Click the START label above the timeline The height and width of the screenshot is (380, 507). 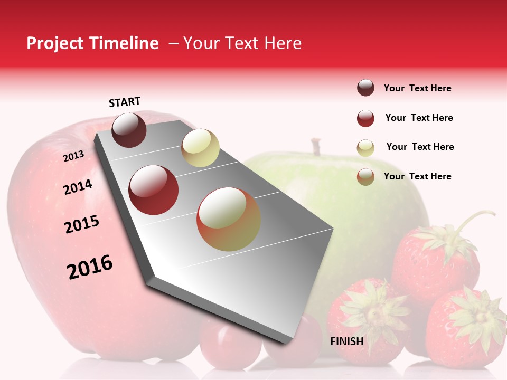[125, 102]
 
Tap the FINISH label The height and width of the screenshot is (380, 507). [346, 341]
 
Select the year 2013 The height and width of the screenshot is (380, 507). [73, 156]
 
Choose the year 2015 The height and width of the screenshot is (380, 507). [82, 224]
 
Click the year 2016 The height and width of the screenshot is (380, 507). [90, 267]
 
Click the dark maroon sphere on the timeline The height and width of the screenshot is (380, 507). [129, 130]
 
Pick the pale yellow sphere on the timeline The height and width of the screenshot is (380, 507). [200, 148]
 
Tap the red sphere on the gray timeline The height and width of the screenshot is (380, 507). [154, 190]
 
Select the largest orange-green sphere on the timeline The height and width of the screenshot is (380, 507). [228, 220]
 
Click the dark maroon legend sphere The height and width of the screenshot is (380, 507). [365, 88]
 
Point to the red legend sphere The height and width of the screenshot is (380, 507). [365, 118]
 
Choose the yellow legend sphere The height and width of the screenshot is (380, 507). [365, 147]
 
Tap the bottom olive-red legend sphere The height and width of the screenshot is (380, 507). [365, 177]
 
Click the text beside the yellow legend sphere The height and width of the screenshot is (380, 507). [420, 147]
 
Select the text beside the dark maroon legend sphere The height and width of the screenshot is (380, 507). [417, 88]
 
